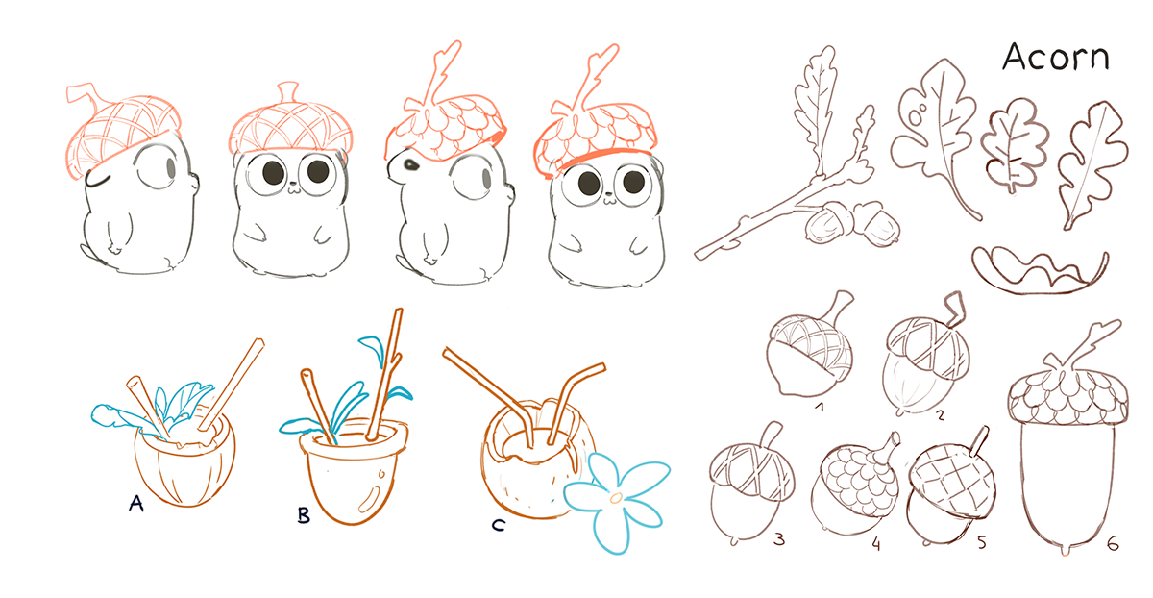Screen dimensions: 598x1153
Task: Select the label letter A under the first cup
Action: click(136, 503)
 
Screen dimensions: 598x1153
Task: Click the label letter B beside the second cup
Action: click(304, 516)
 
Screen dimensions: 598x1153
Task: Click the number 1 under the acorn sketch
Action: click(819, 408)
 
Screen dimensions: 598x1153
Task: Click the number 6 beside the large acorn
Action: click(1112, 544)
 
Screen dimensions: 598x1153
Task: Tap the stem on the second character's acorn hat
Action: click(285, 93)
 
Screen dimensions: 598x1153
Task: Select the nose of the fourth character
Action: click(609, 200)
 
